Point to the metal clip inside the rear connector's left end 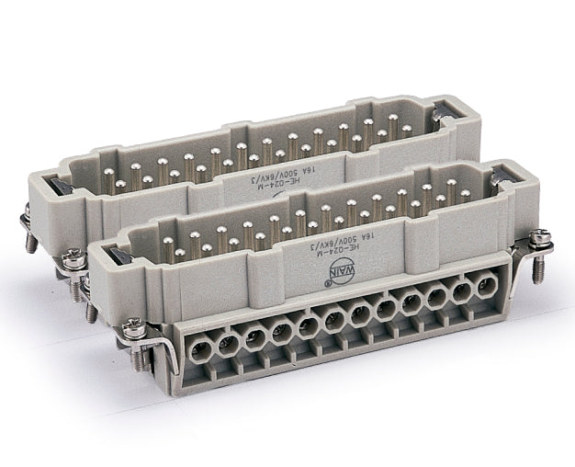(72, 183)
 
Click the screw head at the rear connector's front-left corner (73, 261)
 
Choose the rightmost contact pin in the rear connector (405, 131)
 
